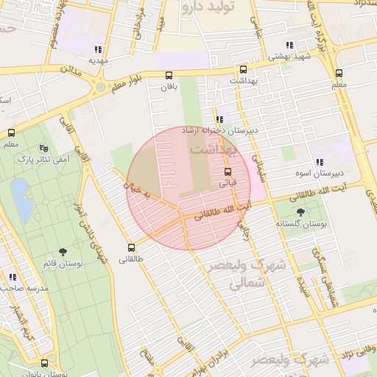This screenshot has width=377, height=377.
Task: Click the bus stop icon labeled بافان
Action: (169, 75)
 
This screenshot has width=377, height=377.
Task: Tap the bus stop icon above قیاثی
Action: (228, 172)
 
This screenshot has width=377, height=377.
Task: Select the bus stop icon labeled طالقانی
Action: (132, 247)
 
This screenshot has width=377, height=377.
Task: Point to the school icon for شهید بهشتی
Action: (290, 44)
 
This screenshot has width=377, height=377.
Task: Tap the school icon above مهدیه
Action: (97, 49)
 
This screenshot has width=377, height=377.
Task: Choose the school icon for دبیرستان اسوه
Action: (319, 162)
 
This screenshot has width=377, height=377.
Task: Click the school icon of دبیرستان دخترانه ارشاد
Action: (219, 119)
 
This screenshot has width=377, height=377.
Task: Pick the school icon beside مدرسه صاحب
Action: (13, 277)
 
